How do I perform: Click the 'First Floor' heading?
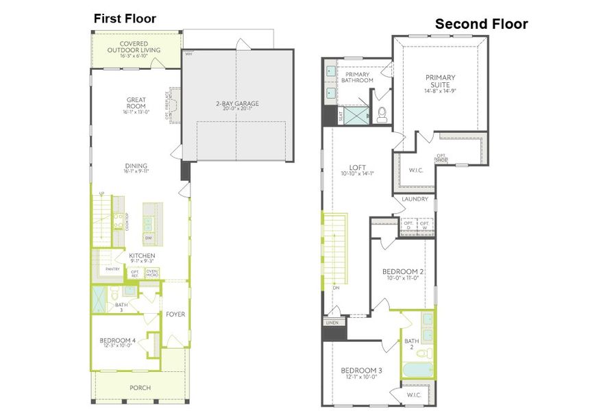tap(125, 18)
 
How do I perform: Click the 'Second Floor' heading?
tap(481, 24)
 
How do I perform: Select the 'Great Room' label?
tap(136, 103)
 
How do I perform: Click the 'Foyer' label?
tap(175, 314)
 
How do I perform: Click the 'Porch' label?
tap(140, 388)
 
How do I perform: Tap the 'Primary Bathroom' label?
tap(358, 77)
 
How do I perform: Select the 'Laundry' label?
tap(415, 199)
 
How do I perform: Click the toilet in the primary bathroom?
tap(382, 114)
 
